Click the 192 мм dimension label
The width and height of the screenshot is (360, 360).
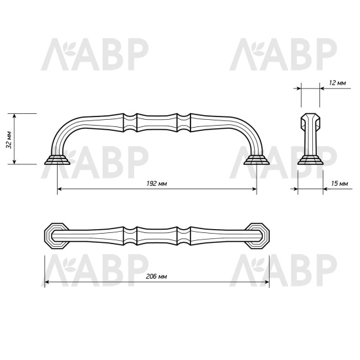pyautogui.click(x=157, y=184)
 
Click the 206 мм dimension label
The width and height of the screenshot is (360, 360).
pyautogui.click(x=156, y=278)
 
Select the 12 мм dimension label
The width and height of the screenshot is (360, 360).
pyautogui.click(x=338, y=83)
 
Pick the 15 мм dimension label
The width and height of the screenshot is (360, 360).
pyautogui.click(x=339, y=185)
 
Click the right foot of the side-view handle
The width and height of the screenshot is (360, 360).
pyautogui.click(x=256, y=160)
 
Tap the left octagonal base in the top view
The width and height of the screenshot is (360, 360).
pyautogui.click(x=55, y=235)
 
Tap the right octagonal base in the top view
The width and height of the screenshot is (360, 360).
pyautogui.click(x=259, y=235)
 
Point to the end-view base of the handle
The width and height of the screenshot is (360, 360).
pyautogui.click(x=310, y=159)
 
